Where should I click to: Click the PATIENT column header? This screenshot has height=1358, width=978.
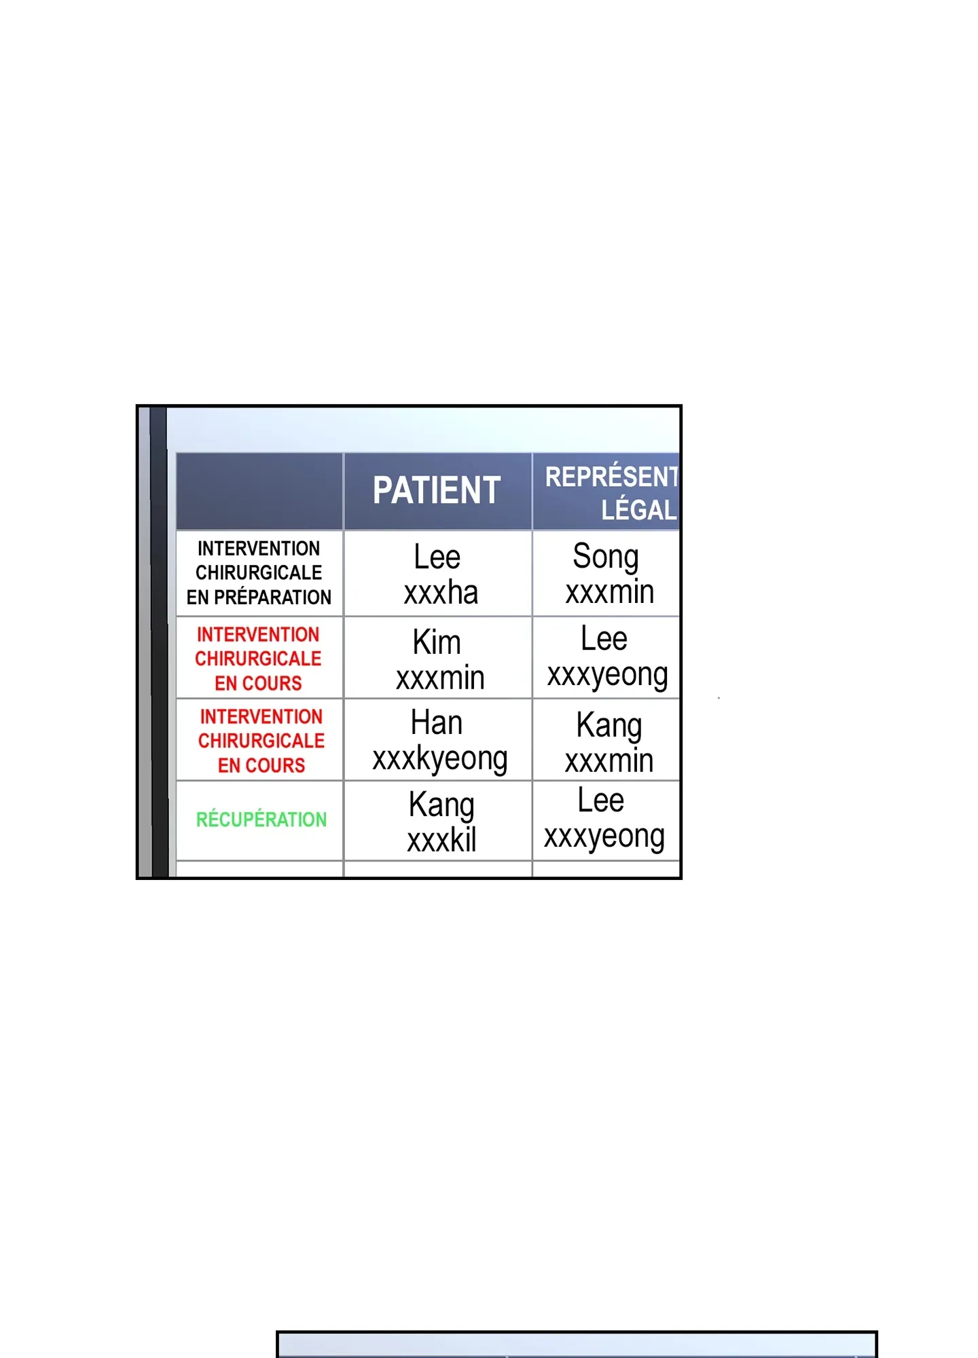[437, 490]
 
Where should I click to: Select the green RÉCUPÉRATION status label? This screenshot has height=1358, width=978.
[261, 820]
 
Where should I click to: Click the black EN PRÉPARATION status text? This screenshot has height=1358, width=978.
[259, 598]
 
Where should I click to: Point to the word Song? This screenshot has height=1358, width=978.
[606, 557]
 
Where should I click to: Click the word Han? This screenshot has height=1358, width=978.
[437, 722]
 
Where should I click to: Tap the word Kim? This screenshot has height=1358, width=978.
[437, 642]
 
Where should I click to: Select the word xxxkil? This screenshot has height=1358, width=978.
[441, 841]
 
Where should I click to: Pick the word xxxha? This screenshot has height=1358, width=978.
[441, 593]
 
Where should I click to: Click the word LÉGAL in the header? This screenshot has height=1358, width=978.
[639, 510]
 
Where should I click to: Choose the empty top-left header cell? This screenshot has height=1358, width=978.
[259, 491]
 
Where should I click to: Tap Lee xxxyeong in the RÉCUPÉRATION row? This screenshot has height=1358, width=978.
[604, 820]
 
